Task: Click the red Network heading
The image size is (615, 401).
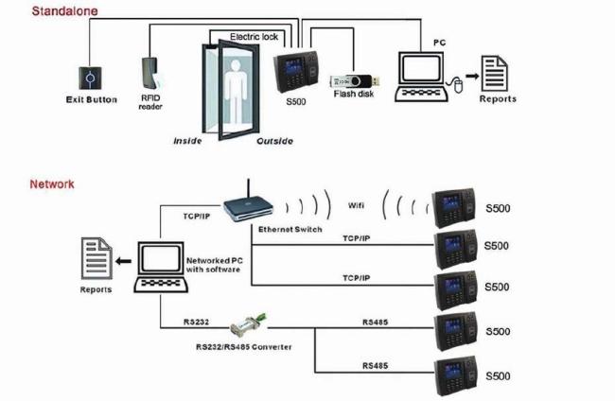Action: coord(52,184)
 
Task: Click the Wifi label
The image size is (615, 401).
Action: coord(356,205)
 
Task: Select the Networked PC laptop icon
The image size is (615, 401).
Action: coord(160,266)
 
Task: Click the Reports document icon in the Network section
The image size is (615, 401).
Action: coord(96,259)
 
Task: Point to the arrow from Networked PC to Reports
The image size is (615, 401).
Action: coord(125,261)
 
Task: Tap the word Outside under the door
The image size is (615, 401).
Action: coord(274,141)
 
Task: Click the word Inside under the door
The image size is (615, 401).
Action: coord(187,141)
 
